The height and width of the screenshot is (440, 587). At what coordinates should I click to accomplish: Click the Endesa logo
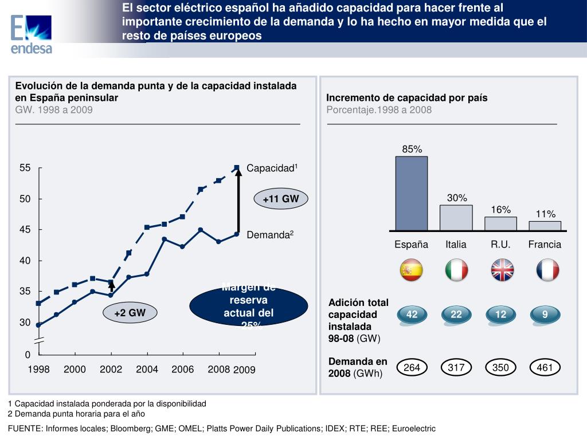coord(32,33)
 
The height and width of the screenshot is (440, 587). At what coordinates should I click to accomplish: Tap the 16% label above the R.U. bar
coord(500,210)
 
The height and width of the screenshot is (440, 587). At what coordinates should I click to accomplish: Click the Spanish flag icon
coord(412,270)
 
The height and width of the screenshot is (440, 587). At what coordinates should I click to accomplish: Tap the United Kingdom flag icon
coord(501,270)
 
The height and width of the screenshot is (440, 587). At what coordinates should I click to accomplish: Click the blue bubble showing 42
coord(412,315)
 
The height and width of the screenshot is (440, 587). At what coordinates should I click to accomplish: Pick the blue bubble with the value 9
coord(545,315)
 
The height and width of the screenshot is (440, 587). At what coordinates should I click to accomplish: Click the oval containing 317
coord(456,367)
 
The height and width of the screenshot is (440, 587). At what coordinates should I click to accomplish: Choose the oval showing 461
coord(545,367)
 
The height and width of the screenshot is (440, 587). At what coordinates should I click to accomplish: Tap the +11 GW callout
coord(281,199)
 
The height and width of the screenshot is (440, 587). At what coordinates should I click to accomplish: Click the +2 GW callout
coord(130,313)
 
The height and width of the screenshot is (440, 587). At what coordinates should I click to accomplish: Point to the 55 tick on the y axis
coord(25,168)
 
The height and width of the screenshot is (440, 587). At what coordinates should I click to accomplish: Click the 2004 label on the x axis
coord(147,370)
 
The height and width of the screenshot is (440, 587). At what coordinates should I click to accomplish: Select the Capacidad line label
coord(272,168)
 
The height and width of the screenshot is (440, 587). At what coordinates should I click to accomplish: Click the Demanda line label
coord(270,235)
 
